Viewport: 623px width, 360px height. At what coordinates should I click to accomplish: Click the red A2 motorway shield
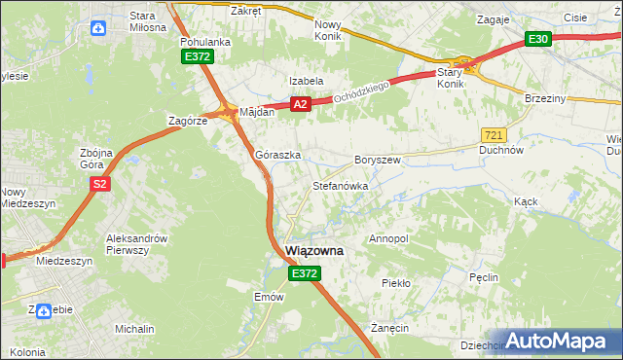(300, 104)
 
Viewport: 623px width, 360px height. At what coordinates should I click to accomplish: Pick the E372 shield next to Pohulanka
(197, 57)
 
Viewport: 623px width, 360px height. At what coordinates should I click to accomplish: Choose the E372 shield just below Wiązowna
(303, 275)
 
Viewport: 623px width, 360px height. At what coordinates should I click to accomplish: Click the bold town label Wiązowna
(313, 251)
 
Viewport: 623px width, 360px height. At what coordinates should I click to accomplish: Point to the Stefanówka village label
(339, 185)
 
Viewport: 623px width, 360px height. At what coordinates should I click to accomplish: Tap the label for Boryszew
(378, 159)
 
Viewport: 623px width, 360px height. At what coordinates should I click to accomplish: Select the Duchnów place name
(502, 151)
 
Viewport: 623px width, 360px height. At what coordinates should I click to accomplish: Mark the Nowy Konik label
(330, 30)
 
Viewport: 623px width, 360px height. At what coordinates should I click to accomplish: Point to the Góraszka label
(277, 155)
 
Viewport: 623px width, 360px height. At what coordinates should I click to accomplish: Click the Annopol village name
(388, 238)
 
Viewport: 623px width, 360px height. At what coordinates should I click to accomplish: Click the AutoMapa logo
(559, 341)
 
